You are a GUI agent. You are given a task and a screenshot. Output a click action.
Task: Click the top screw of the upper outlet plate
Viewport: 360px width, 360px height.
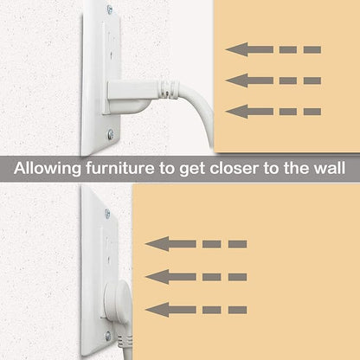pyautogui.click(x=110, y=10)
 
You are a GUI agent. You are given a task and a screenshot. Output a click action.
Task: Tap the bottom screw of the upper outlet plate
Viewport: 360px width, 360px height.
pyautogui.click(x=110, y=134)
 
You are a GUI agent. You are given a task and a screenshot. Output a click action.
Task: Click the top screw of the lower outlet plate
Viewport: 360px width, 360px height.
pyautogui.click(x=107, y=214)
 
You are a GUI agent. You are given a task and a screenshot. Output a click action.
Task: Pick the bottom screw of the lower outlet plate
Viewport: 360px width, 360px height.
pyautogui.click(x=108, y=336)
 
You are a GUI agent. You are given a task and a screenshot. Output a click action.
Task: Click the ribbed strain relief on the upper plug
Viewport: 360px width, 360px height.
pyautogui.click(x=168, y=88)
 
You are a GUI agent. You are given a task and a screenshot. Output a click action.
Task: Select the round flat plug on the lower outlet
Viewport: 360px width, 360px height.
pyautogui.click(x=118, y=301)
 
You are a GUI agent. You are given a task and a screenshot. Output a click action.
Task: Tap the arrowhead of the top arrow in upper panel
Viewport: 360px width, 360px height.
pyautogui.click(x=236, y=49)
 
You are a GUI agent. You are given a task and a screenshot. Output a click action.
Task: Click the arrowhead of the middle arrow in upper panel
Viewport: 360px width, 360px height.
pyautogui.click(x=236, y=80)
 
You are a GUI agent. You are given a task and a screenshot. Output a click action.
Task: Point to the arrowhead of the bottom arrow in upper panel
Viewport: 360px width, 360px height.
pyautogui.click(x=236, y=112)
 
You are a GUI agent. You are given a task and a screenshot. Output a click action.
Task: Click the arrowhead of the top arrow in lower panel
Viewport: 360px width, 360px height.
pyautogui.click(x=157, y=244)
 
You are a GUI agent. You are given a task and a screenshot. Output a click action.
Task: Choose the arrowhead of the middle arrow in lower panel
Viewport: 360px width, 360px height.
pyautogui.click(x=157, y=277)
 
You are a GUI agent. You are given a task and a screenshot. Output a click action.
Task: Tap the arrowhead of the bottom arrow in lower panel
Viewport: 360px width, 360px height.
pyautogui.click(x=157, y=310)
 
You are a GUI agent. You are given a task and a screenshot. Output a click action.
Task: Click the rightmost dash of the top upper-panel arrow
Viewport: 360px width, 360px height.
pyautogui.click(x=312, y=49)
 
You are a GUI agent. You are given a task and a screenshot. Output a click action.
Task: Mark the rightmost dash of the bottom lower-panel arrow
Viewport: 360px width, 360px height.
pyautogui.click(x=238, y=310)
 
